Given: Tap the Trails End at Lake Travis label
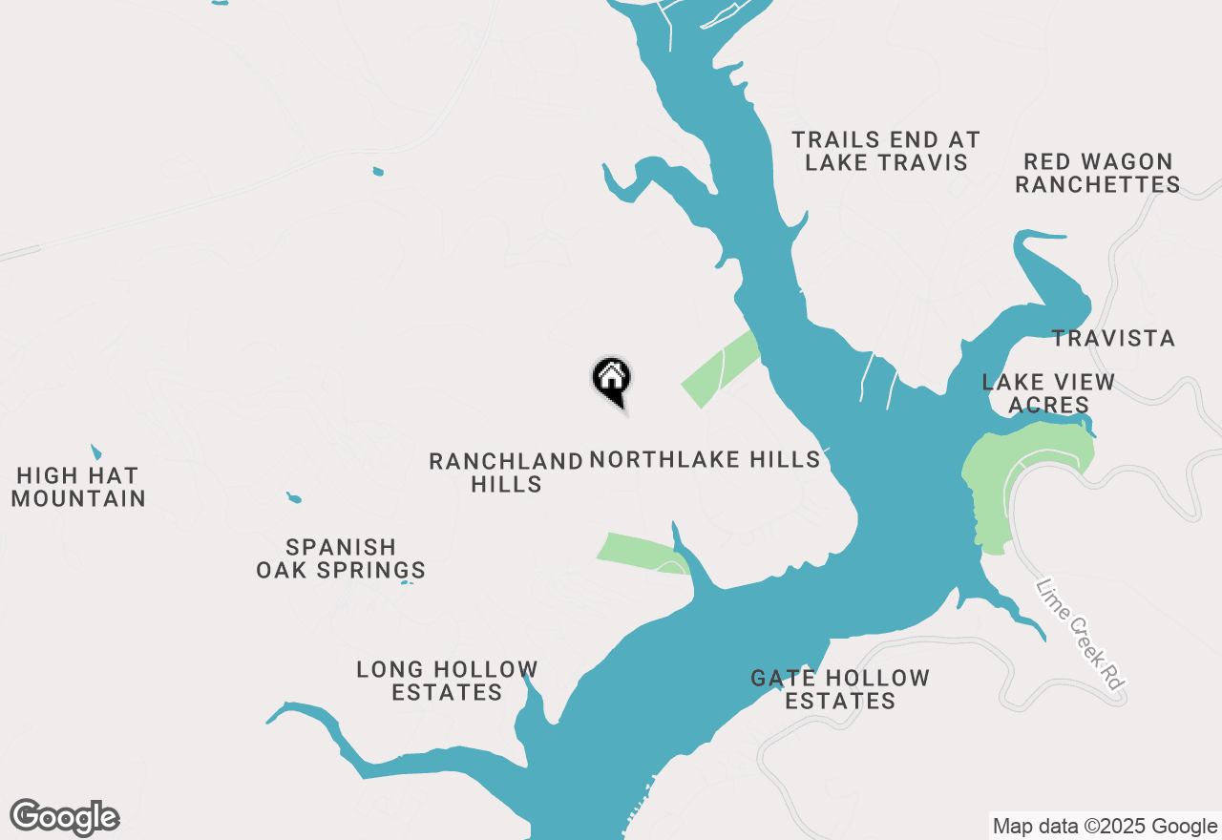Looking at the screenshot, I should point(886,152).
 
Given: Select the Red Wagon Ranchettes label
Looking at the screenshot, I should point(1097,173).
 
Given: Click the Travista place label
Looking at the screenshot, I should point(1113,339).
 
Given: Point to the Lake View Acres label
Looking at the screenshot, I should point(1048,393).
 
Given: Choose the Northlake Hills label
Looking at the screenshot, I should point(705,460).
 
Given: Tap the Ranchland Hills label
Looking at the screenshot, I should point(506,472).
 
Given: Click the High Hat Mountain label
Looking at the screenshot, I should point(78,487).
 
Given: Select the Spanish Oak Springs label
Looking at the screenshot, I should point(341,558).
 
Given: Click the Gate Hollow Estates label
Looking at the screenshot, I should point(840,689).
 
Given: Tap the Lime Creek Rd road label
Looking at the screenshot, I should point(1082,633).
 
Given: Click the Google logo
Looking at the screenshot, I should point(65,818).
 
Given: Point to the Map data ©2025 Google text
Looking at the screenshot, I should point(1105,827).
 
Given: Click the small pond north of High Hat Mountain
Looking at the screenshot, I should point(95,451).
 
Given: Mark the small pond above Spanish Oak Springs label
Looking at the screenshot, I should point(294,498).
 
